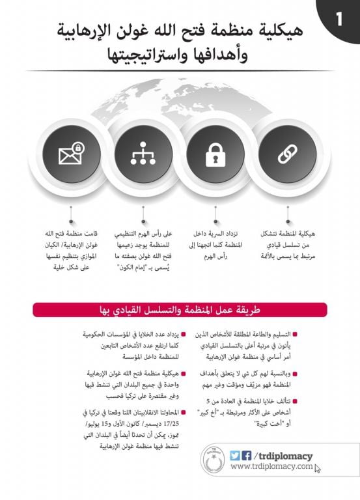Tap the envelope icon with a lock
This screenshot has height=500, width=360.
71,155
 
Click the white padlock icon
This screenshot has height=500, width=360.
215,155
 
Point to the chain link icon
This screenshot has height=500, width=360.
287,155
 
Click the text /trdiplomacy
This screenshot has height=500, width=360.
284,456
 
